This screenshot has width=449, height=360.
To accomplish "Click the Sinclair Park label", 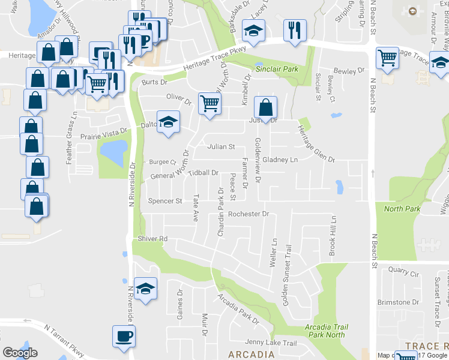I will point(277,70).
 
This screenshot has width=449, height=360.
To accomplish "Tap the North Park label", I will point(402,209).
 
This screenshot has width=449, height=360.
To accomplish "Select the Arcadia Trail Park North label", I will point(325,331).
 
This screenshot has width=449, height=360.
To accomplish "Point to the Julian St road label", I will point(221,146).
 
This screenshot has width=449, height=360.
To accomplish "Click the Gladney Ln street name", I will point(280,160).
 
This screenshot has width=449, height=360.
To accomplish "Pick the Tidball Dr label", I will point(203,173).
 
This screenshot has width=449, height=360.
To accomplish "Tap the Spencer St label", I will point(165,201).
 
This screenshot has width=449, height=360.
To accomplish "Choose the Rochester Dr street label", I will point(248,214).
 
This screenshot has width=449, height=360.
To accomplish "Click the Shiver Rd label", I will point(152,239).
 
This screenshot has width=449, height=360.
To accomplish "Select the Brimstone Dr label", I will point(398,302).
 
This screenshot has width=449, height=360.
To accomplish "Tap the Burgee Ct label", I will point(163,162).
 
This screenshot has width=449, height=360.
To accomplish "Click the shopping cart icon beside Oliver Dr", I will point(209,103).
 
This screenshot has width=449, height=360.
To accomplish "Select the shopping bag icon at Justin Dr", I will point(265,107).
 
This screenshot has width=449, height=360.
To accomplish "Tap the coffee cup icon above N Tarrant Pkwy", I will point(124,336).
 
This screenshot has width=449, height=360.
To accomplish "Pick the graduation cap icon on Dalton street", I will point(168,122).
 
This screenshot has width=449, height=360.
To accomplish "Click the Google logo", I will point(20,353).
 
